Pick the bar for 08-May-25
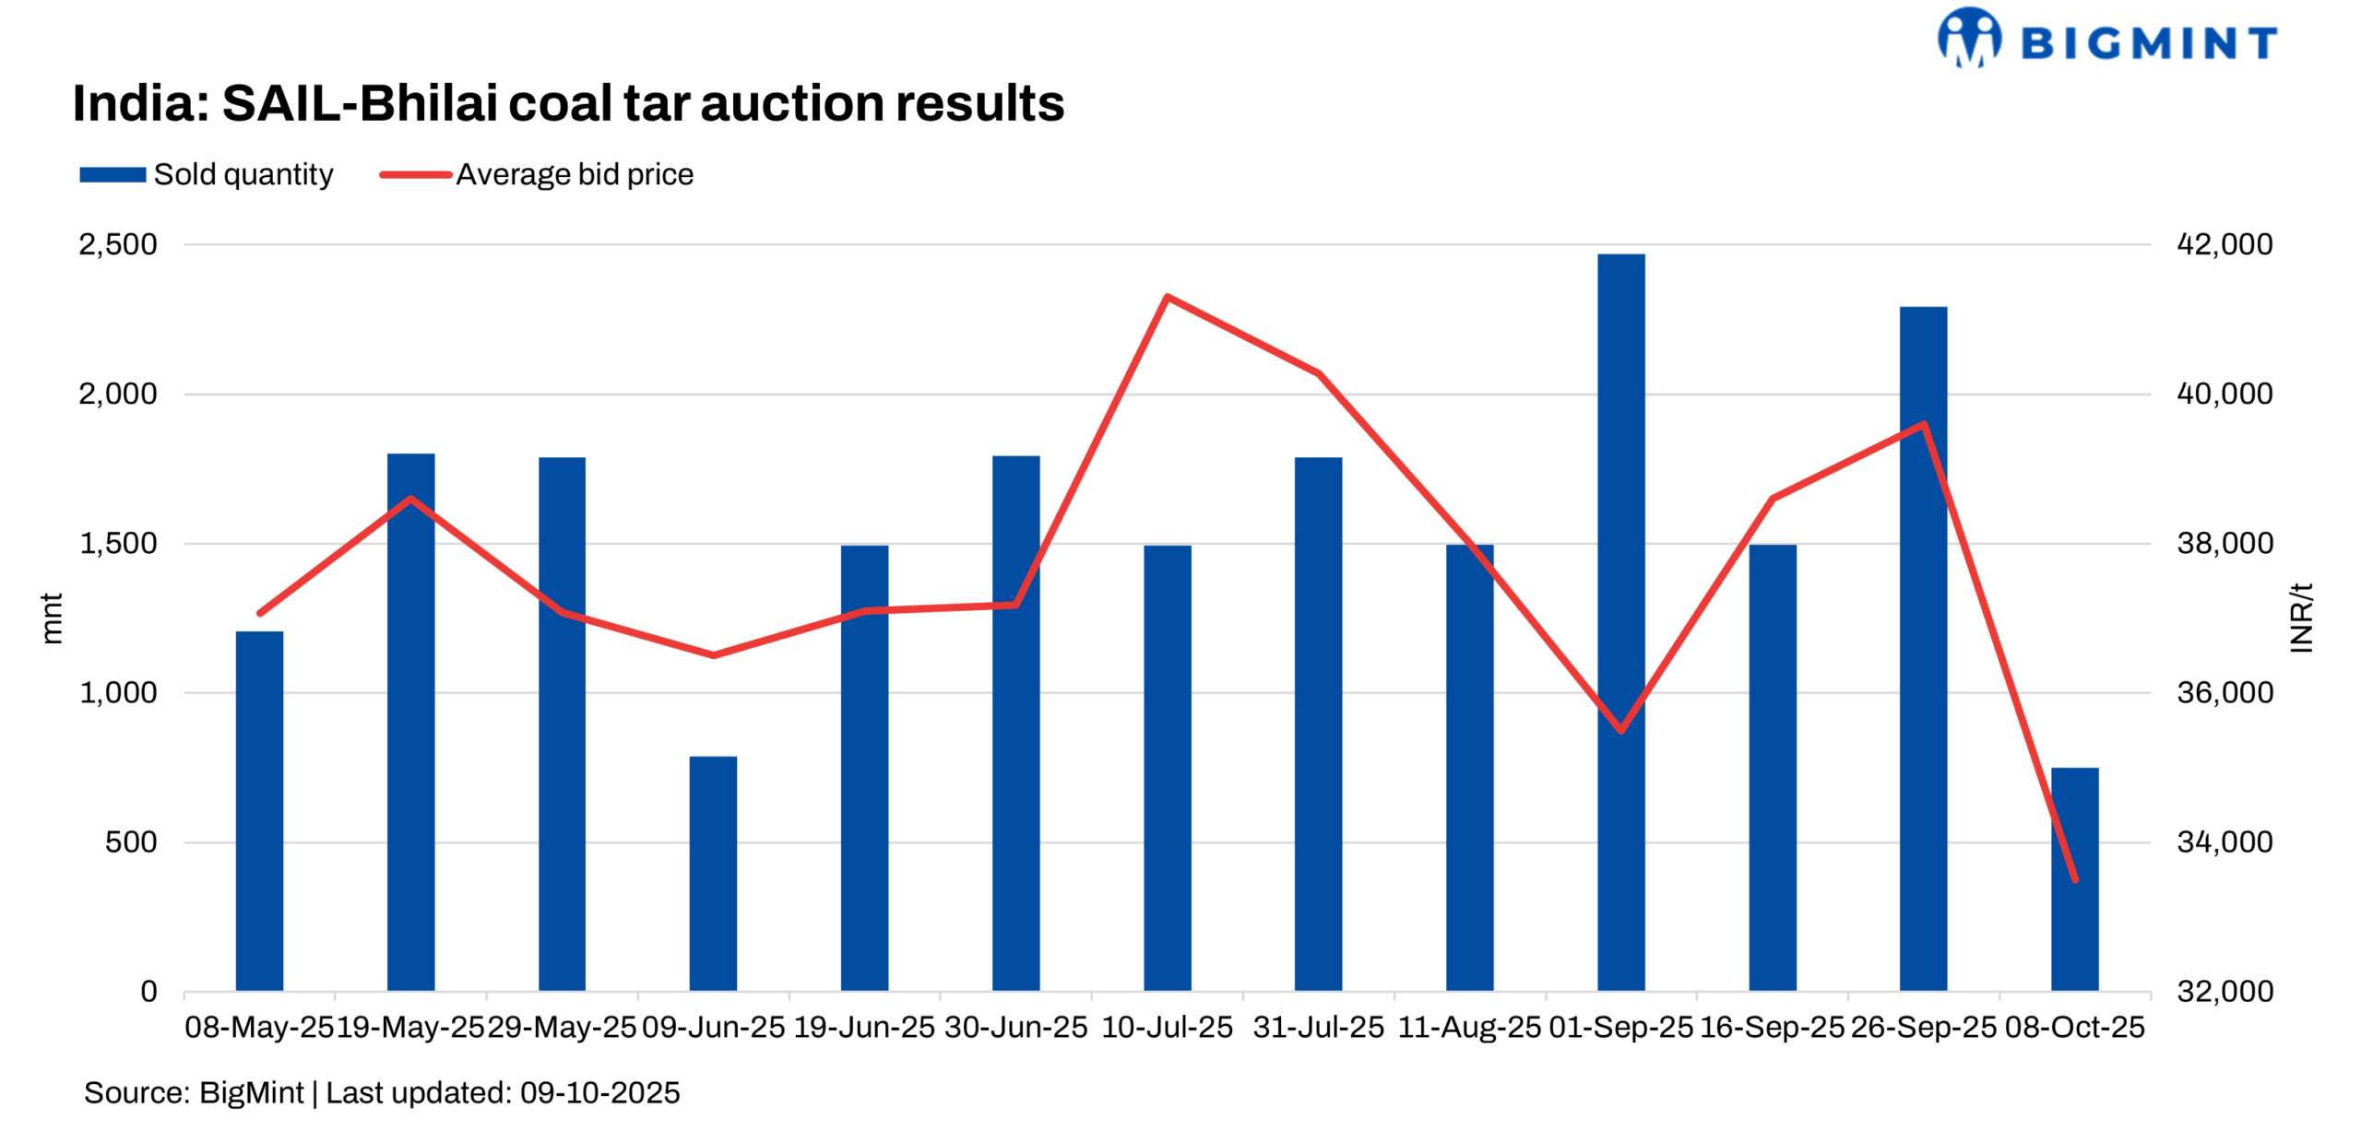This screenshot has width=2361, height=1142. (x=259, y=810)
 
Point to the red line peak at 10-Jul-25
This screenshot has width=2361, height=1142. (x=1167, y=297)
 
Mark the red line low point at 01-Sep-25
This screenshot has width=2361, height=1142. (x=1620, y=730)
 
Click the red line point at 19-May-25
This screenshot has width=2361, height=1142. (x=410, y=499)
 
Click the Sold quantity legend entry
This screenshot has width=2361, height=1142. (x=207, y=174)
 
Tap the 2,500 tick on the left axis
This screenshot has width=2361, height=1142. (x=118, y=244)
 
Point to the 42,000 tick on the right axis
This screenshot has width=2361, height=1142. (x=2224, y=244)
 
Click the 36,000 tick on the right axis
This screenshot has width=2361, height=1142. (x=2224, y=692)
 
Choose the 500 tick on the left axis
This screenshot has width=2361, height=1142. (x=130, y=842)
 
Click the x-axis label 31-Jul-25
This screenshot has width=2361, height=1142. (x=1318, y=1027)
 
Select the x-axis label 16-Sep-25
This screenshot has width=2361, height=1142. (x=1771, y=1027)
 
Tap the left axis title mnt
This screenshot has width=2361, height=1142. (x=52, y=618)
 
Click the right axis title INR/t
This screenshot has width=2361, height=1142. (x=2301, y=618)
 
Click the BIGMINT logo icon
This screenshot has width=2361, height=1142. (x=1969, y=38)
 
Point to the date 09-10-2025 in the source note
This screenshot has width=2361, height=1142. (x=599, y=1092)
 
